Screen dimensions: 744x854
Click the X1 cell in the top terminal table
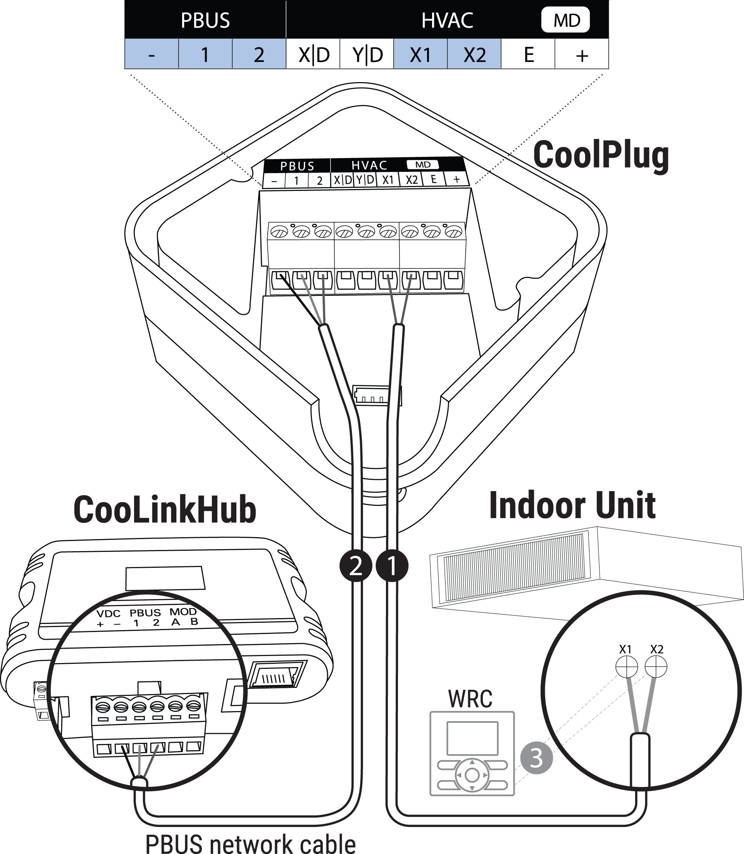[x=420, y=54]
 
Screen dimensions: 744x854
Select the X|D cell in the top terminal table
[x=313, y=54]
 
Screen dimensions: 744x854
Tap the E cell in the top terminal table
[x=528, y=54]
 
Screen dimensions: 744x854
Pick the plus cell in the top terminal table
[x=582, y=54]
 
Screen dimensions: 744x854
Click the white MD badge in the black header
[x=565, y=20]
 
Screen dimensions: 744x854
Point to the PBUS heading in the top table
[x=205, y=20]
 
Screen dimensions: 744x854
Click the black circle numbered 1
[x=392, y=565]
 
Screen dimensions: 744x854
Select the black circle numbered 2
[x=356, y=565]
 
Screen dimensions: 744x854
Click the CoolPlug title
[x=601, y=155]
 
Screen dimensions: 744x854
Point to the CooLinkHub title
[x=165, y=509]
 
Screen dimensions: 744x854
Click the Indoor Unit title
[x=573, y=505]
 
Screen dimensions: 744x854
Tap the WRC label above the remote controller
[x=470, y=699]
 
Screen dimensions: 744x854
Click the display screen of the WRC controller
[x=472, y=738]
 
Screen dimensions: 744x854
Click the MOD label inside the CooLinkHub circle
[x=183, y=612]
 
